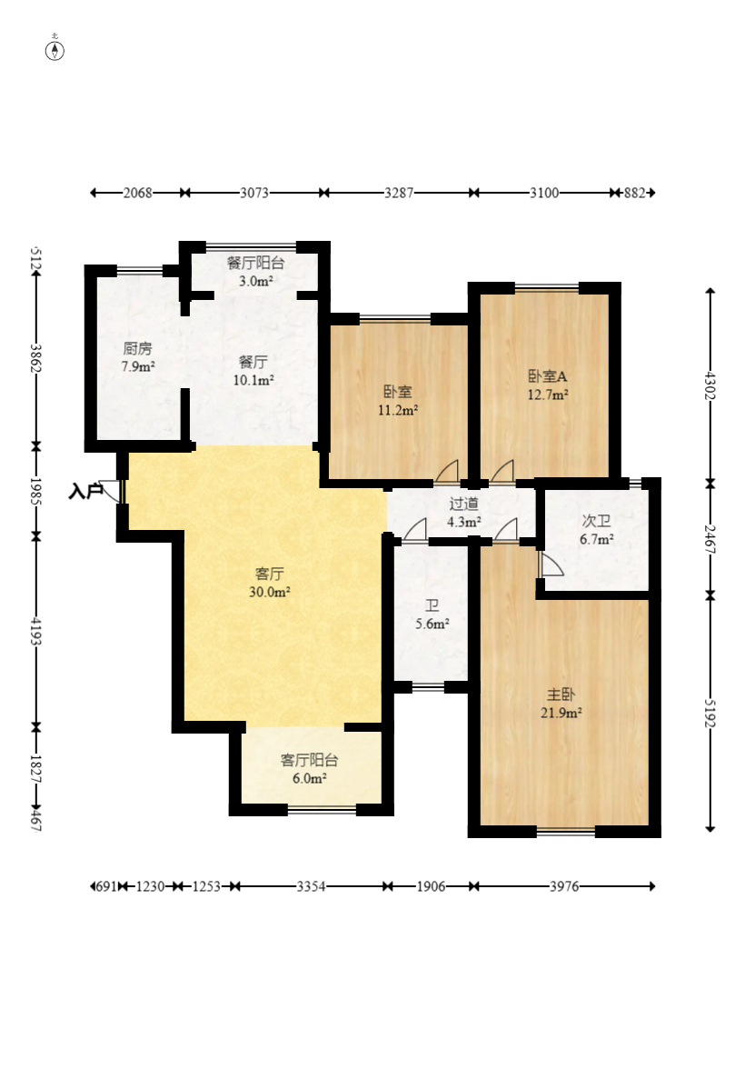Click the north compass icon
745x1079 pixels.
(55, 50)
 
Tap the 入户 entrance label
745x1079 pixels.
(85, 492)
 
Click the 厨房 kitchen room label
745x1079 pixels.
(137, 349)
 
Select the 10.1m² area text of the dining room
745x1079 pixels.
(253, 380)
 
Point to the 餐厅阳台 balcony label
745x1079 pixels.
(256, 263)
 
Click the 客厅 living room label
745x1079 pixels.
(269, 574)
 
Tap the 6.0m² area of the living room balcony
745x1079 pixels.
(310, 778)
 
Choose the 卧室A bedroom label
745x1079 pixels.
(548, 376)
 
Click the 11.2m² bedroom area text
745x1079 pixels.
(398, 410)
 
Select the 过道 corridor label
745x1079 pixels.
(463, 504)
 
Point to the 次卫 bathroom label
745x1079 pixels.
(596, 521)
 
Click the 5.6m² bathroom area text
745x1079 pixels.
(432, 624)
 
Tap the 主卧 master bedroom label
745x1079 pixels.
(561, 694)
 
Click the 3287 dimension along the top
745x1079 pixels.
(399, 193)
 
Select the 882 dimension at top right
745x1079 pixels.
(634, 193)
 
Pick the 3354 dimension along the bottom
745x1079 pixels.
(311, 886)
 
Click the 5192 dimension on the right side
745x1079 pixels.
(710, 711)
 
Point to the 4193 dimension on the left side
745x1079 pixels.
(36, 631)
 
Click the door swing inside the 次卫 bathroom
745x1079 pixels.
(551, 563)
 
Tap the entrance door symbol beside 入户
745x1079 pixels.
(110, 490)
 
